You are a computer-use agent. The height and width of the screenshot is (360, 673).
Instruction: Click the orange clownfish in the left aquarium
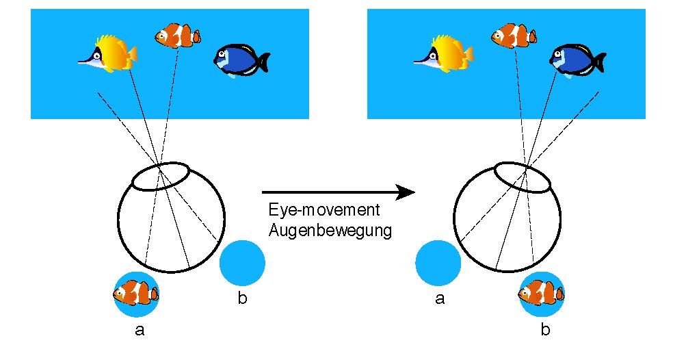(177, 34)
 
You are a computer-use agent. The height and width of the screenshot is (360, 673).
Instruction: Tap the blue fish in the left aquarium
(239, 60)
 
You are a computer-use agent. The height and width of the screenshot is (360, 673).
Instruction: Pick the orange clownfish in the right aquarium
(513, 34)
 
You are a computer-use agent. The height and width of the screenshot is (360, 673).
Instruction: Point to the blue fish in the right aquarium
(575, 60)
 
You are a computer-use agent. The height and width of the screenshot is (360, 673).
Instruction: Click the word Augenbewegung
(328, 230)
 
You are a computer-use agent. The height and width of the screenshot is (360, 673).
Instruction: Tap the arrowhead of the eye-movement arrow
(407, 192)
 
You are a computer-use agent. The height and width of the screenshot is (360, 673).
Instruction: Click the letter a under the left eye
(140, 331)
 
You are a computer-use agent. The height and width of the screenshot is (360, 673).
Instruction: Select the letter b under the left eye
(241, 298)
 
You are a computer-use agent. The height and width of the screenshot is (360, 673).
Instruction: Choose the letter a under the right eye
(440, 298)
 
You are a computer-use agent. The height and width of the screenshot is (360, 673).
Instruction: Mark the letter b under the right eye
(545, 331)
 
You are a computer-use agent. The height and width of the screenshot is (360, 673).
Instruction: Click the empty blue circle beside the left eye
(242, 263)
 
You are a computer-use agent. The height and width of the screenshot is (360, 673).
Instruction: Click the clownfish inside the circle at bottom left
(135, 294)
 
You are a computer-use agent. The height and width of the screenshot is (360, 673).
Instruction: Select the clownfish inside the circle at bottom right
(541, 294)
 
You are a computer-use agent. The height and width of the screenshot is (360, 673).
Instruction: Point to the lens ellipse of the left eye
(160, 177)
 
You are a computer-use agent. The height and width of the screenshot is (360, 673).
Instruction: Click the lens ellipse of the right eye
(523, 177)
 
